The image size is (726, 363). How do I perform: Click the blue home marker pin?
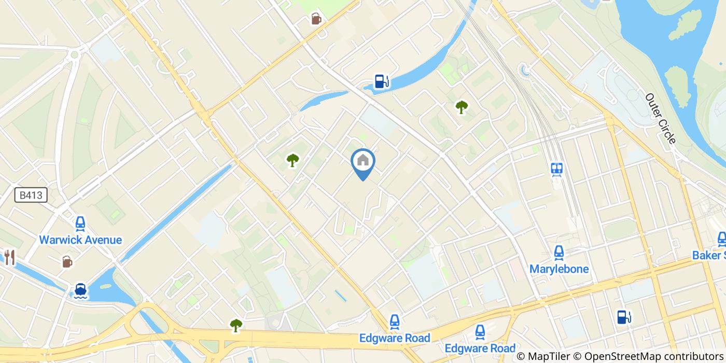tap(363, 162)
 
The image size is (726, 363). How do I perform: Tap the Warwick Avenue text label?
tap(80, 240)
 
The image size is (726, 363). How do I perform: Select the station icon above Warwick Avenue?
tap(80, 224)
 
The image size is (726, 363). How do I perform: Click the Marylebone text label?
tap(559, 269)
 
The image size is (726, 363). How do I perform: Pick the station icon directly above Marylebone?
tap(559, 253)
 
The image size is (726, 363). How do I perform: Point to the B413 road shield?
tap(31, 195)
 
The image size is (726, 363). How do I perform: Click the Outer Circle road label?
tap(660, 119)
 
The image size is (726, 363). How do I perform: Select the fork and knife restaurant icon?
tap(9, 257)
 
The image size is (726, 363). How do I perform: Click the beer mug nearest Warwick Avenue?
tap(67, 261)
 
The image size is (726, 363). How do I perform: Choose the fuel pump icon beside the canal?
tap(382, 81)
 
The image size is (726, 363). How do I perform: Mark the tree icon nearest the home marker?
tap(293, 160)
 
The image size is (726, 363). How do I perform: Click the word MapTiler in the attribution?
tap(550, 356)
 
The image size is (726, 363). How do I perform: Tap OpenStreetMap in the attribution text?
tap(619, 356)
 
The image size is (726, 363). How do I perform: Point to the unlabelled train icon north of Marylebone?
tap(557, 169)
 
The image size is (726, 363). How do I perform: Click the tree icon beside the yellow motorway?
tap(236, 325)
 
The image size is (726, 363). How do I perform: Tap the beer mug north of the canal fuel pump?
tap(316, 19)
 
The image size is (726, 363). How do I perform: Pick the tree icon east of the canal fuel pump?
tap(461, 107)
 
